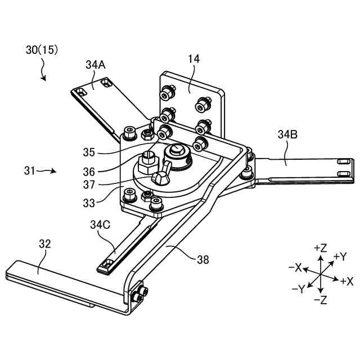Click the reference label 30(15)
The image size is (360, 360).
pos(42,50)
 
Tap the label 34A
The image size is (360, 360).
pos(96,65)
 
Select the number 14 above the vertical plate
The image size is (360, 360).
pos(193,59)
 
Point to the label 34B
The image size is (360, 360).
pos(287,134)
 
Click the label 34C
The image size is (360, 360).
pos(100,224)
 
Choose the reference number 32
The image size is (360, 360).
pos(45,244)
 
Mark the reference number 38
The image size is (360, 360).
pos(203,260)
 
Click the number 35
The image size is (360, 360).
pos(89,152)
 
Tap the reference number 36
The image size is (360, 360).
pos(89,172)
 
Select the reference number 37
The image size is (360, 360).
pos(89,184)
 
